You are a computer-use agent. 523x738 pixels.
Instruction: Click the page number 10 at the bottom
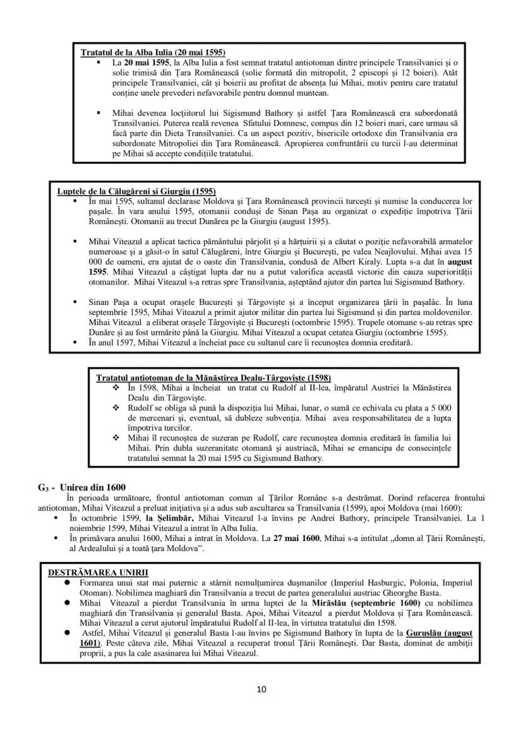coord(261,689)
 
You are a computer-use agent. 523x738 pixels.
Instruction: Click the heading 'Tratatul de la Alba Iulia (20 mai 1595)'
coord(153,52)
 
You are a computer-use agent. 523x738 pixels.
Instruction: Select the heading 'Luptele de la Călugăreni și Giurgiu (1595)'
coord(136,191)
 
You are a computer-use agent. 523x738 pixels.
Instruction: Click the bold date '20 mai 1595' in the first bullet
coord(147,63)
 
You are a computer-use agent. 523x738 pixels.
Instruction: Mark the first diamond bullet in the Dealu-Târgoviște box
coord(115,387)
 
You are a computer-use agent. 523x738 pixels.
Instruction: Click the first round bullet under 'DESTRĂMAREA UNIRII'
coord(68,582)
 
